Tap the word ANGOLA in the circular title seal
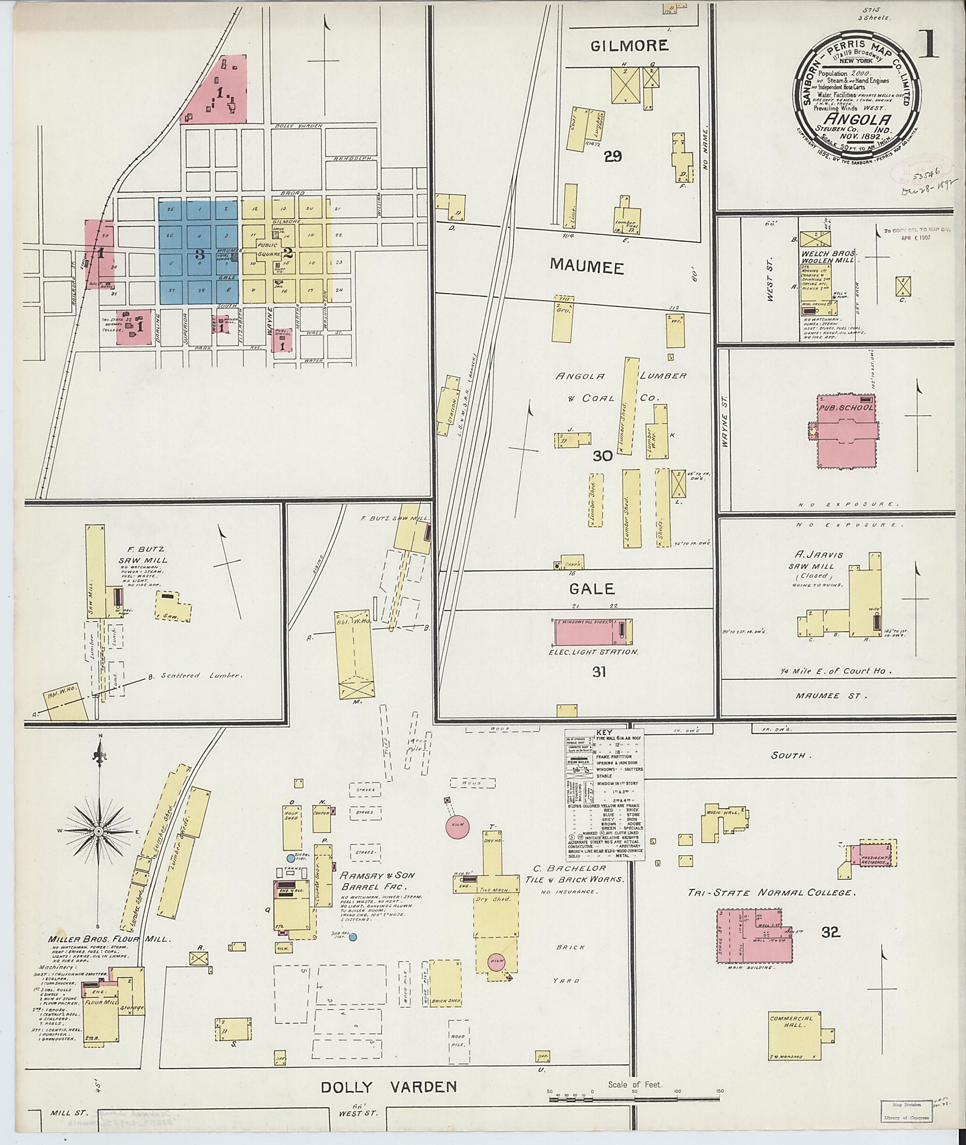tap(858, 120)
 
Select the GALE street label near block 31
tap(592, 589)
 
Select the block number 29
tap(613, 157)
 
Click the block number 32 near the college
tap(830, 932)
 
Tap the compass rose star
tap(99, 832)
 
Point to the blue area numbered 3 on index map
tap(200, 254)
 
